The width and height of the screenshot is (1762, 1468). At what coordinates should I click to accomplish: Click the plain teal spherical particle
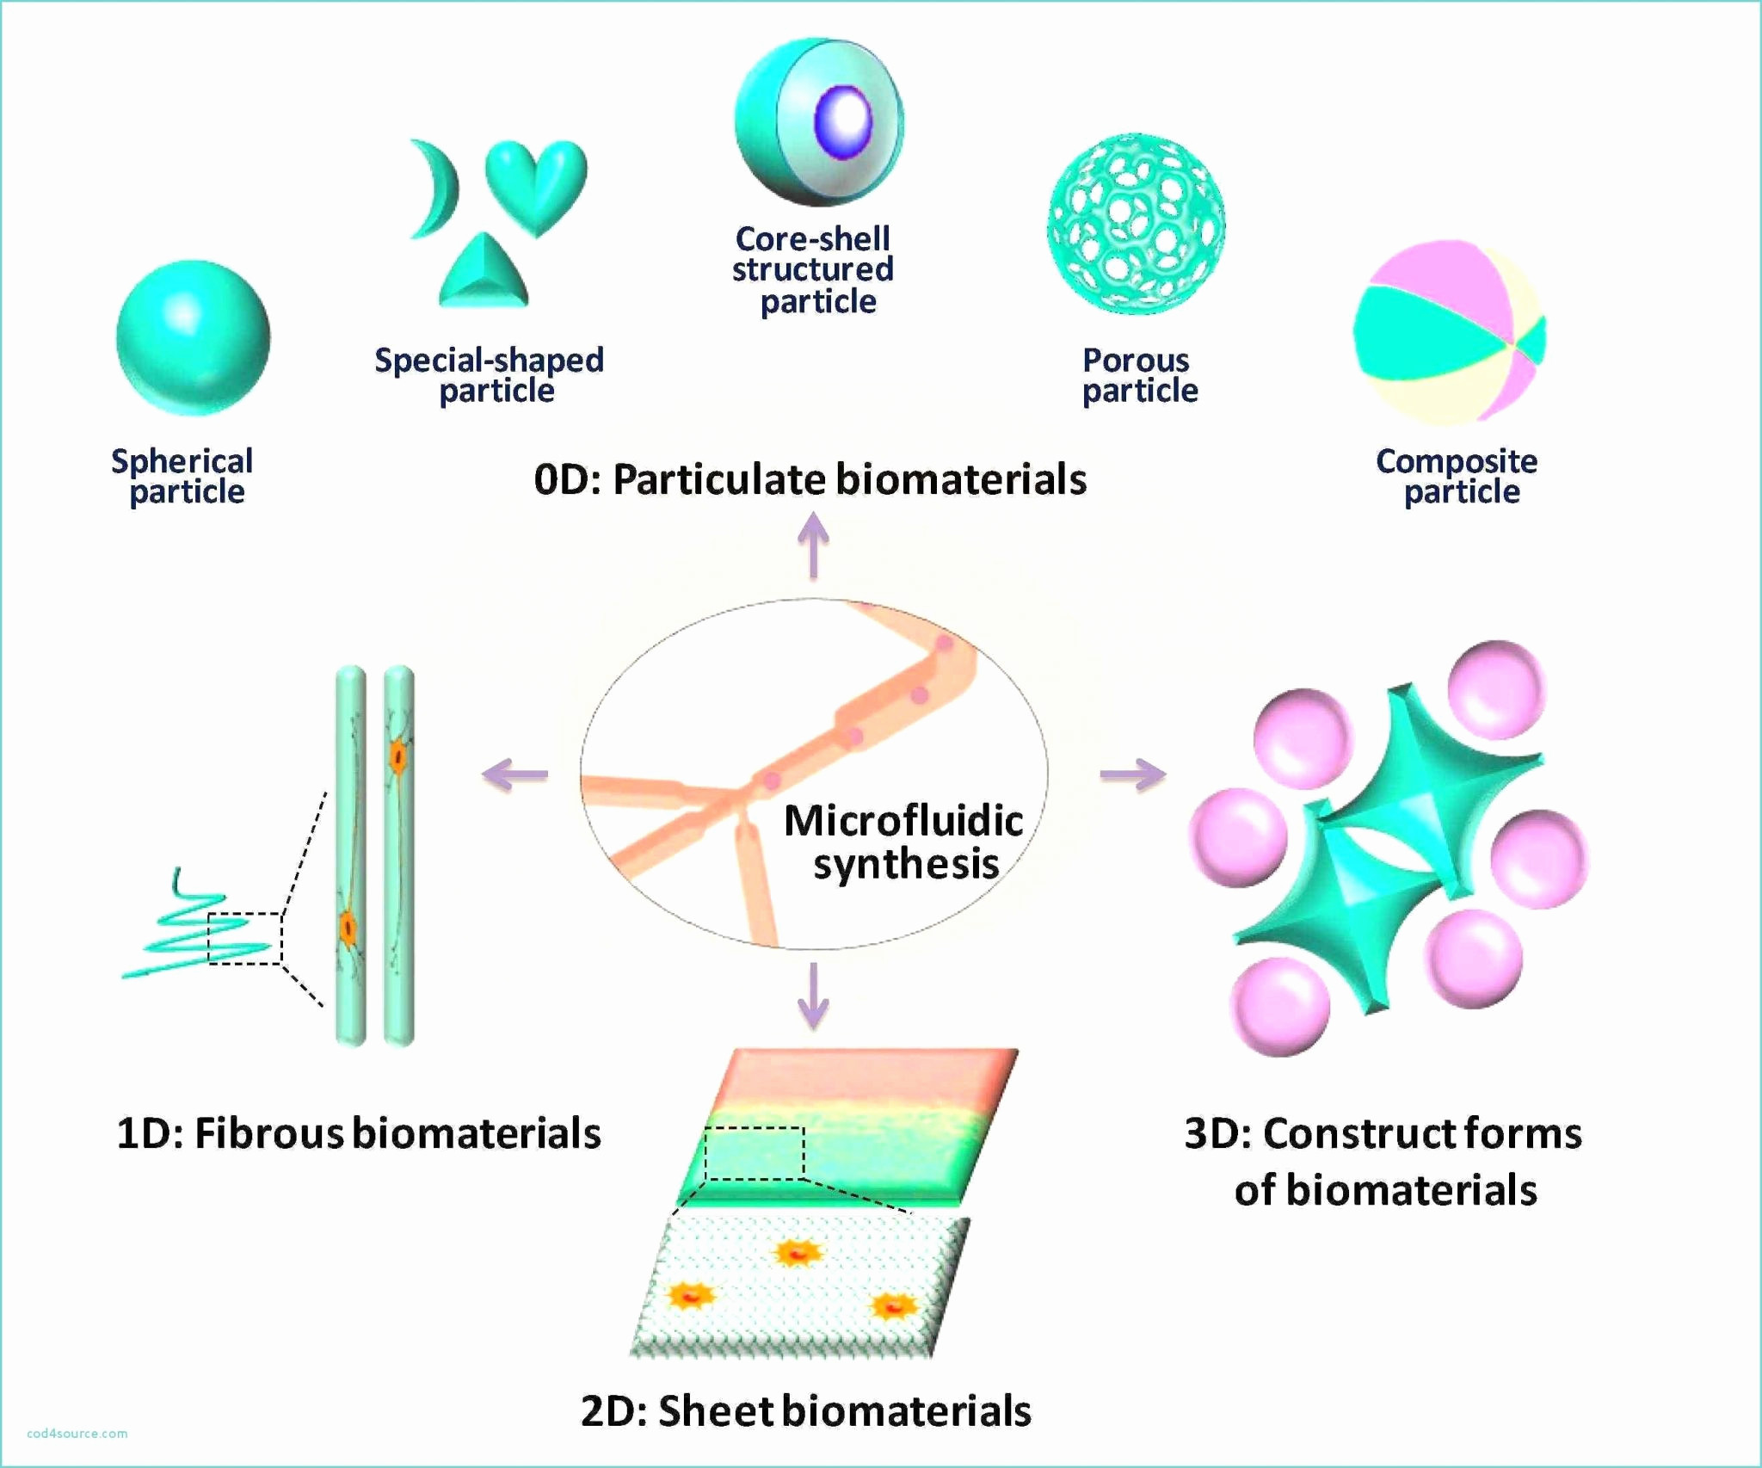tap(193, 337)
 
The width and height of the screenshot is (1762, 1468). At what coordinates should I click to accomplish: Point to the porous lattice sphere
tap(1136, 224)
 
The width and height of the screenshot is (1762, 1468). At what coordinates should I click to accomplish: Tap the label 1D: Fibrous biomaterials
tap(359, 1133)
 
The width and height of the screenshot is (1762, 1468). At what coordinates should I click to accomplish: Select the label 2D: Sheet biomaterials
tap(806, 1411)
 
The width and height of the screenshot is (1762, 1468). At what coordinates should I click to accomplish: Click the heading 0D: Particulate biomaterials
tap(810, 479)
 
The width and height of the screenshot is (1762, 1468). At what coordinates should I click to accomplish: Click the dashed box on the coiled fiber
tap(245, 939)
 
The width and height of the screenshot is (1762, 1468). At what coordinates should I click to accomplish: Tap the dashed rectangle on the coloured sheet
tap(755, 1153)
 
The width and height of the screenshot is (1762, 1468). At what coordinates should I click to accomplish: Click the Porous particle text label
tap(1139, 375)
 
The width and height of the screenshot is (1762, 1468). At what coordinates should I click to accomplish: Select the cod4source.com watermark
tap(77, 1434)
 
